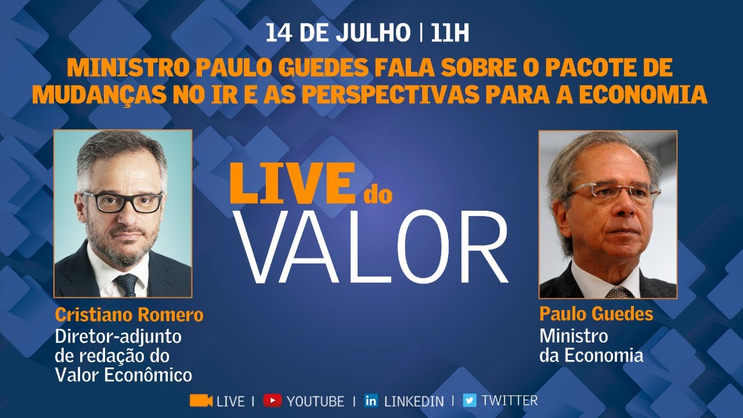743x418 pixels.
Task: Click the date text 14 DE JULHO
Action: [x=338, y=33]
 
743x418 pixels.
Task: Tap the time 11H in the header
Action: [x=450, y=33]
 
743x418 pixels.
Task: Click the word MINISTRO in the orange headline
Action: [x=128, y=68]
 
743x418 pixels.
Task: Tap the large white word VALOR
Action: [x=371, y=247]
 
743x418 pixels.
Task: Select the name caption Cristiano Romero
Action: [x=129, y=315]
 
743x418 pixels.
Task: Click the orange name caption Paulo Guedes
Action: [x=596, y=314]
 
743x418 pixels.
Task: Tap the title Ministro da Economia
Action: [x=591, y=345]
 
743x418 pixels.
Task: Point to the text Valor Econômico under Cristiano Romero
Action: [x=124, y=375]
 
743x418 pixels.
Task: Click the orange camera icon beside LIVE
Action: [x=201, y=401]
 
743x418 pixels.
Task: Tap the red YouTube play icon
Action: [x=273, y=401]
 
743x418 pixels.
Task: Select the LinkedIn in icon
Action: [x=371, y=401]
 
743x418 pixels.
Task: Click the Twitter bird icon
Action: [x=470, y=401]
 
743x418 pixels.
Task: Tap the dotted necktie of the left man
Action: [x=127, y=285]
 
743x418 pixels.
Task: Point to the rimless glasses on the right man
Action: [x=614, y=191]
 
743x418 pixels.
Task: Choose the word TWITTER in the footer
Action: [x=510, y=401]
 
